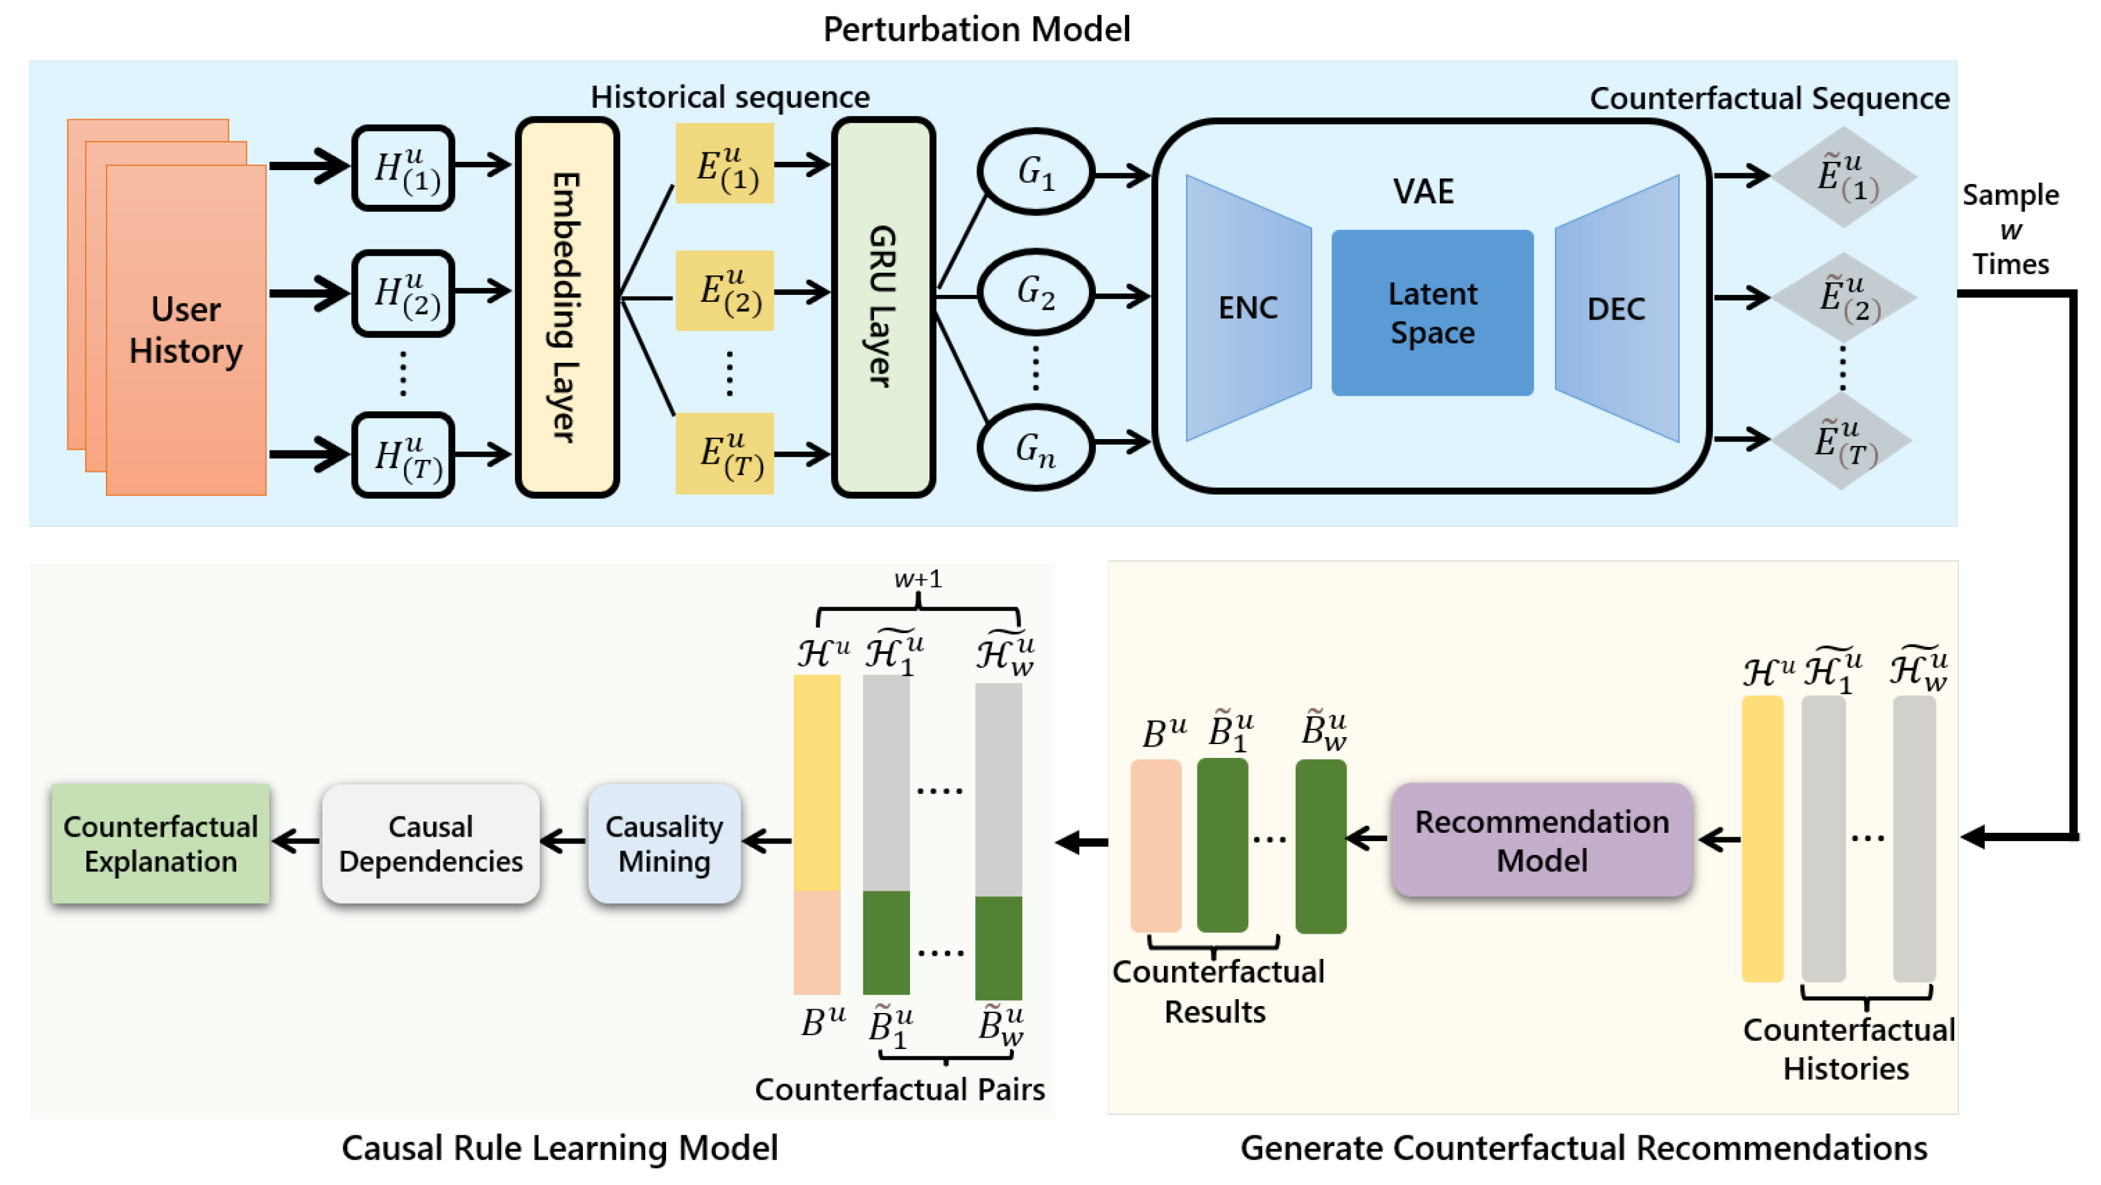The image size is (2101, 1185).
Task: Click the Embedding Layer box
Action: (x=567, y=307)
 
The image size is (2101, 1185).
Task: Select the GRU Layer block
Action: (x=884, y=307)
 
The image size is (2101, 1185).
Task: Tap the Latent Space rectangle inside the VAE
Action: (x=1432, y=313)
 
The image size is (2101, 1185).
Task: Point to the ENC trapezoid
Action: (x=1248, y=308)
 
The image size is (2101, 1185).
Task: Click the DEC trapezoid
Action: (x=1616, y=308)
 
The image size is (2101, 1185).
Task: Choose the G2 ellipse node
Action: (x=1036, y=292)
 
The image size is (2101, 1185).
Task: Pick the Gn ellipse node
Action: (x=1036, y=448)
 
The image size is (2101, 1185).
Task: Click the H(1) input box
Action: (x=404, y=168)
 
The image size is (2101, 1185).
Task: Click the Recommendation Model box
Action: (x=1541, y=840)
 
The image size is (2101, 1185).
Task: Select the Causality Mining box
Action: (x=664, y=844)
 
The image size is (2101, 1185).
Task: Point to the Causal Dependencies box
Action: (x=430, y=844)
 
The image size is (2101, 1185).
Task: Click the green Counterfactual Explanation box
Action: (x=161, y=844)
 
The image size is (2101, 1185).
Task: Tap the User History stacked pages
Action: (x=186, y=329)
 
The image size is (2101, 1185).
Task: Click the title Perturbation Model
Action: (x=976, y=30)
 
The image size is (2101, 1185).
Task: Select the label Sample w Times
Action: (x=2010, y=229)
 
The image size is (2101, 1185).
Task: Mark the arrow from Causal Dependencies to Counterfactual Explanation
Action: (x=296, y=841)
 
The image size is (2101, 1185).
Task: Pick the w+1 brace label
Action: (x=918, y=580)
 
